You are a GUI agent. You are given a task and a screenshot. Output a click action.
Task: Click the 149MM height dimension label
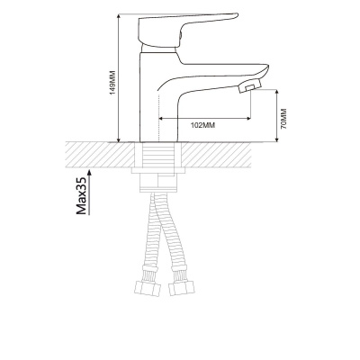(112, 83)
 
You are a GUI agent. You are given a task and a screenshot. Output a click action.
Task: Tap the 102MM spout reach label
(203, 125)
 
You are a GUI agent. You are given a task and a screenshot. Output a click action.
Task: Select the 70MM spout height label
(283, 119)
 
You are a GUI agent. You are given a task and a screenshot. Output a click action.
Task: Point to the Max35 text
(81, 195)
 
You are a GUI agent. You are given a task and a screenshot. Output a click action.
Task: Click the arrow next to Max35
(89, 192)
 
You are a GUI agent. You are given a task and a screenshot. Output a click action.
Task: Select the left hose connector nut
(148, 288)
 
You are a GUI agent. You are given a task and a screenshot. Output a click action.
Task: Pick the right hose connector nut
(182, 288)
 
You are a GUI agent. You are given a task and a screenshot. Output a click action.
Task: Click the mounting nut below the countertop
(158, 171)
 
